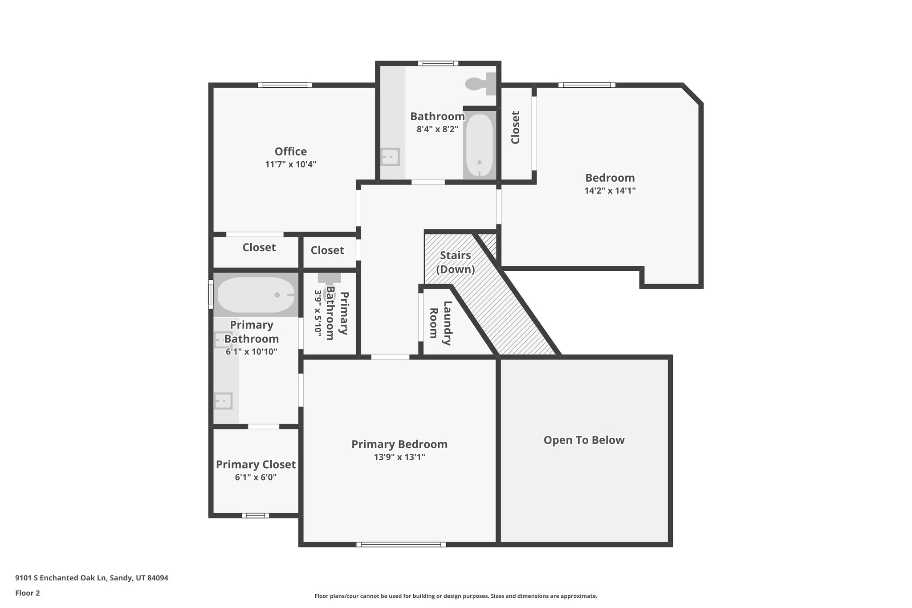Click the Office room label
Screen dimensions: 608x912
[x=290, y=151]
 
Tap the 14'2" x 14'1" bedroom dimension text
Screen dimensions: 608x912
[x=610, y=191]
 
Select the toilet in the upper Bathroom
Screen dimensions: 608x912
[x=479, y=84]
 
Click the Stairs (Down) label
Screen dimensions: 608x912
[x=455, y=262]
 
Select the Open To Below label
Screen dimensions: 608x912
[x=584, y=440]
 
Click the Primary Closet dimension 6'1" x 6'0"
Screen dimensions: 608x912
[x=256, y=477]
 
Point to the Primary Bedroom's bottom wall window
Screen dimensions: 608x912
[x=401, y=544]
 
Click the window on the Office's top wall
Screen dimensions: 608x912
[x=285, y=85]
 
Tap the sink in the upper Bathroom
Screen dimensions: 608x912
[x=391, y=157]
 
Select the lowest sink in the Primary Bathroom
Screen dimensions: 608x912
[x=223, y=400]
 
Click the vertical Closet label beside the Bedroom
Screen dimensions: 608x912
[x=515, y=127]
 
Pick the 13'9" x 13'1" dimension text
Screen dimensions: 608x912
[x=399, y=457]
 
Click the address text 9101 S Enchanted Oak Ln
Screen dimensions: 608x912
[x=91, y=578]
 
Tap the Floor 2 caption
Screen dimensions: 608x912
[x=27, y=593]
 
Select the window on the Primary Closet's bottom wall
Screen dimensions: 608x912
[x=256, y=515]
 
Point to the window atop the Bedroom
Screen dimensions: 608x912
[x=586, y=85]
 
